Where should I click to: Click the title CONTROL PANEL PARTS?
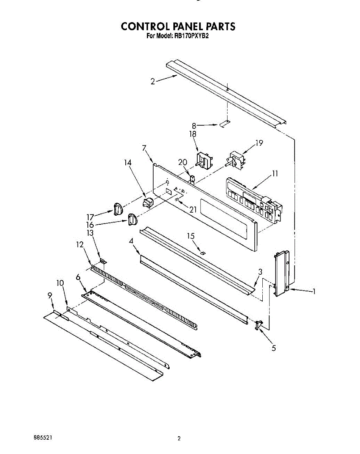click(x=178, y=26)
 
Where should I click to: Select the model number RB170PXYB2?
click(x=194, y=37)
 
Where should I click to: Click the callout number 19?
click(x=259, y=143)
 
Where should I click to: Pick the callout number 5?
click(x=274, y=348)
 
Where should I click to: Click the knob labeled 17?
click(x=117, y=209)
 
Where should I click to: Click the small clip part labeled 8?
click(x=224, y=124)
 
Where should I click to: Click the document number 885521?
click(x=43, y=437)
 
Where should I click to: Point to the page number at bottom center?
click(x=179, y=439)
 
